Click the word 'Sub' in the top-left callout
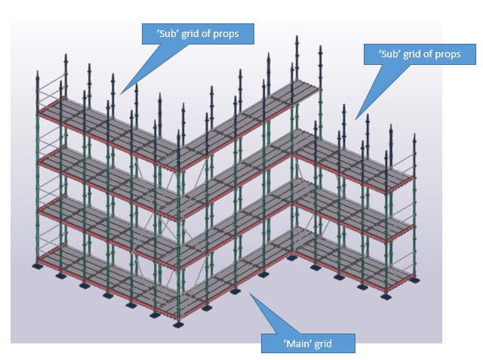point(163,32)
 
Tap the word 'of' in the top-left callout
point(209,32)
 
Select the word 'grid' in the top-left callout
point(188,32)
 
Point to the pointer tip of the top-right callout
point(355,118)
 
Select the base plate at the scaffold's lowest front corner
point(179,325)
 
